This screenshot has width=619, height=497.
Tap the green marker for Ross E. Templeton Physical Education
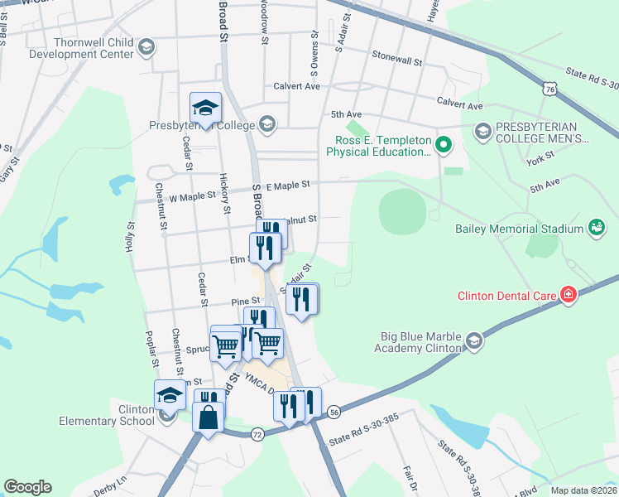point(444,146)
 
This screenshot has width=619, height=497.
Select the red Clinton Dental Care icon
point(568,295)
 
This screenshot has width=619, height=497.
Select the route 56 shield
point(333,412)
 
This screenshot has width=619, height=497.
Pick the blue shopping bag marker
point(208,416)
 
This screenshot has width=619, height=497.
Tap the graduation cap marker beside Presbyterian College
point(204,107)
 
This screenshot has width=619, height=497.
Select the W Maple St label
point(192,196)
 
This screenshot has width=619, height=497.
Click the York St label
point(538,159)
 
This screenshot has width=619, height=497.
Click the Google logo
point(27,487)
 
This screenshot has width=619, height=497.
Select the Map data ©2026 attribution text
point(583,490)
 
